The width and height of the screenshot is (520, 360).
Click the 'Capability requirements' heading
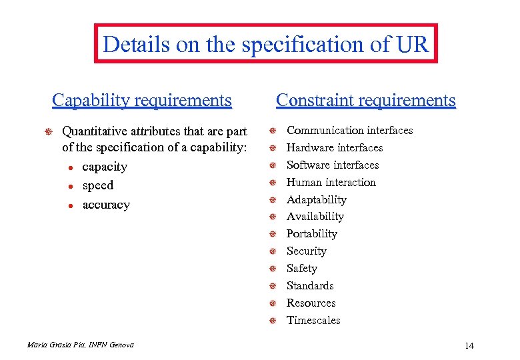pos(142,101)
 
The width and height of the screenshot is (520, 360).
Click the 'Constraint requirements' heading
pos(366,101)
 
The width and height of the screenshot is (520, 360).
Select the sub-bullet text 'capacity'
pos(105,167)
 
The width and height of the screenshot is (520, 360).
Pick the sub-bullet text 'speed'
pos(98,185)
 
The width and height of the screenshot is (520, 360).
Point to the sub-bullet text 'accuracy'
pos(106,205)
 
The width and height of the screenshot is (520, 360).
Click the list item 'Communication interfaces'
pos(349,131)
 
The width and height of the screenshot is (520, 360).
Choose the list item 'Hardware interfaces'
pos(335,148)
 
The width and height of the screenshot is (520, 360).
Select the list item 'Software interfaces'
pos(333,165)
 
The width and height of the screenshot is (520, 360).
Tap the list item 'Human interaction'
pos(331,183)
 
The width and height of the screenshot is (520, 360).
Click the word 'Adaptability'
pos(317,200)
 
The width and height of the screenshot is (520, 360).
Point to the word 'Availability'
pos(315,217)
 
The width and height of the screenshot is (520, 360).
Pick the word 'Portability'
pos(312,234)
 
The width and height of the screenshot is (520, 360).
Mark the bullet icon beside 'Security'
pos(273,252)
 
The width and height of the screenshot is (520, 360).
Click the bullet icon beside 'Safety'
pos(273,269)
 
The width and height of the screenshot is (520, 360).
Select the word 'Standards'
pos(310,286)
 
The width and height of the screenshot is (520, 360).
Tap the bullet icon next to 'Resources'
pos(273,304)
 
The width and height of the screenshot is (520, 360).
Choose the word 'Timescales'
pos(313,321)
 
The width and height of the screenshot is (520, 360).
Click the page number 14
pos(469,345)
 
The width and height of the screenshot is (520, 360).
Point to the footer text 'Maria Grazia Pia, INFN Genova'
pos(81,345)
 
